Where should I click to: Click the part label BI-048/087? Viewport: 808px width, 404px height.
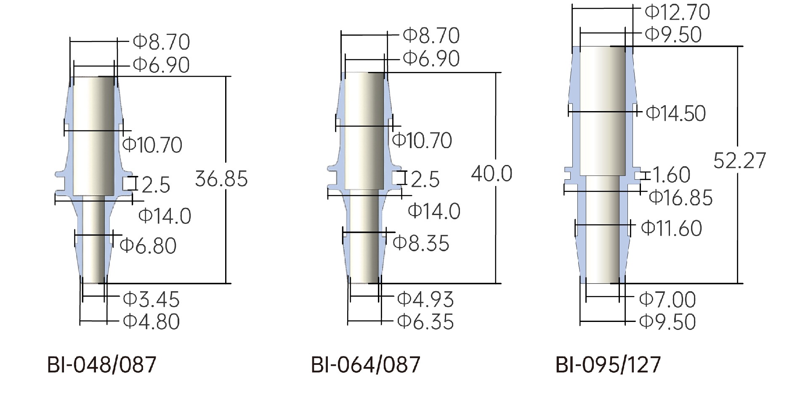point(101,364)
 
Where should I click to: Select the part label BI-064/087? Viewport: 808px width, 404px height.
point(365,364)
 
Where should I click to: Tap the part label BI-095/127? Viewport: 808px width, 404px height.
point(608,364)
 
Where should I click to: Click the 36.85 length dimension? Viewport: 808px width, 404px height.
point(221,179)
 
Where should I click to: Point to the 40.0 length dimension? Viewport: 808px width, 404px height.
point(492,173)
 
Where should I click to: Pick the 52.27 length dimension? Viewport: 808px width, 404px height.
point(739,160)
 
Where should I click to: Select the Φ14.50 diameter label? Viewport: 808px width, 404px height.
point(675,113)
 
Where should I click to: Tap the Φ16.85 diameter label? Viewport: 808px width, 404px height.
point(681,198)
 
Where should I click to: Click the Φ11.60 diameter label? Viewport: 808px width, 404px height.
point(672,228)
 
